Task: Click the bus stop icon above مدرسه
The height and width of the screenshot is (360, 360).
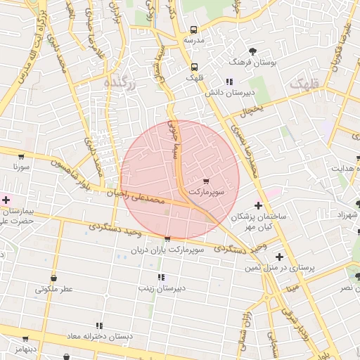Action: [193, 30]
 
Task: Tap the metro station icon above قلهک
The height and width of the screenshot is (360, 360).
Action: [192, 67]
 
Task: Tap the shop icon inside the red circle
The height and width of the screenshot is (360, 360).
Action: [205, 181]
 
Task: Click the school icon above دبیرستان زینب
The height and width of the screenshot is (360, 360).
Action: [161, 277]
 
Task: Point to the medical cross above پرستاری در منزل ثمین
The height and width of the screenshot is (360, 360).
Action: [280, 257]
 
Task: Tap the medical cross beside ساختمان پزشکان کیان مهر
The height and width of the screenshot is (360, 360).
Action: [259, 206]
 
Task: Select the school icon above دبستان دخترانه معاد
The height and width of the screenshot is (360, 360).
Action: [99, 326]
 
